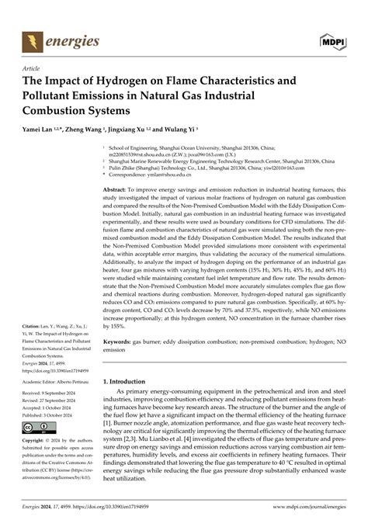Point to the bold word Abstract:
coord(115,189)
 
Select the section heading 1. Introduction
coord(133,381)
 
